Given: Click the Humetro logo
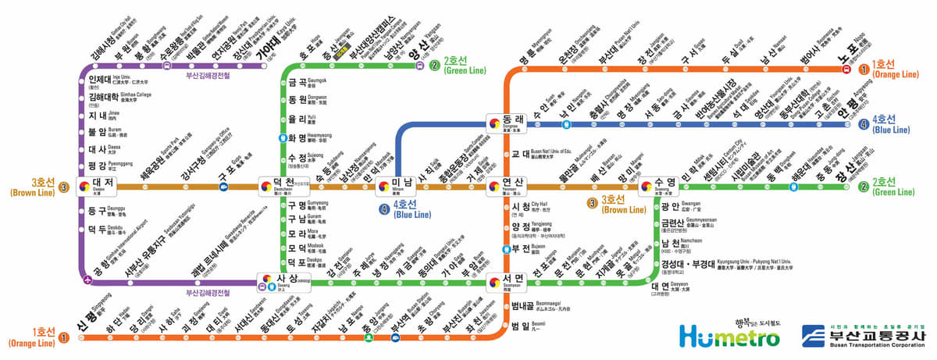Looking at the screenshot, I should (x=729, y=337).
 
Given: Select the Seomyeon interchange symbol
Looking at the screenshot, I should (x=493, y=280).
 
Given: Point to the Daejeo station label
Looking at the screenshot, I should (x=103, y=185).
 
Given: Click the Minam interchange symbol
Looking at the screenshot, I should (x=383, y=186).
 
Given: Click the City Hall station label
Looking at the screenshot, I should (x=521, y=207).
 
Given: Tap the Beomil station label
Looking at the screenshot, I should (x=521, y=327).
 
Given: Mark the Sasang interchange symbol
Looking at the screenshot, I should (x=266, y=280).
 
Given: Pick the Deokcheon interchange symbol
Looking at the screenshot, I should (x=266, y=186).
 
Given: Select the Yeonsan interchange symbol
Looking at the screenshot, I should (x=493, y=186).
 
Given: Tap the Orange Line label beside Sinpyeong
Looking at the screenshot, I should (x=32, y=338).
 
